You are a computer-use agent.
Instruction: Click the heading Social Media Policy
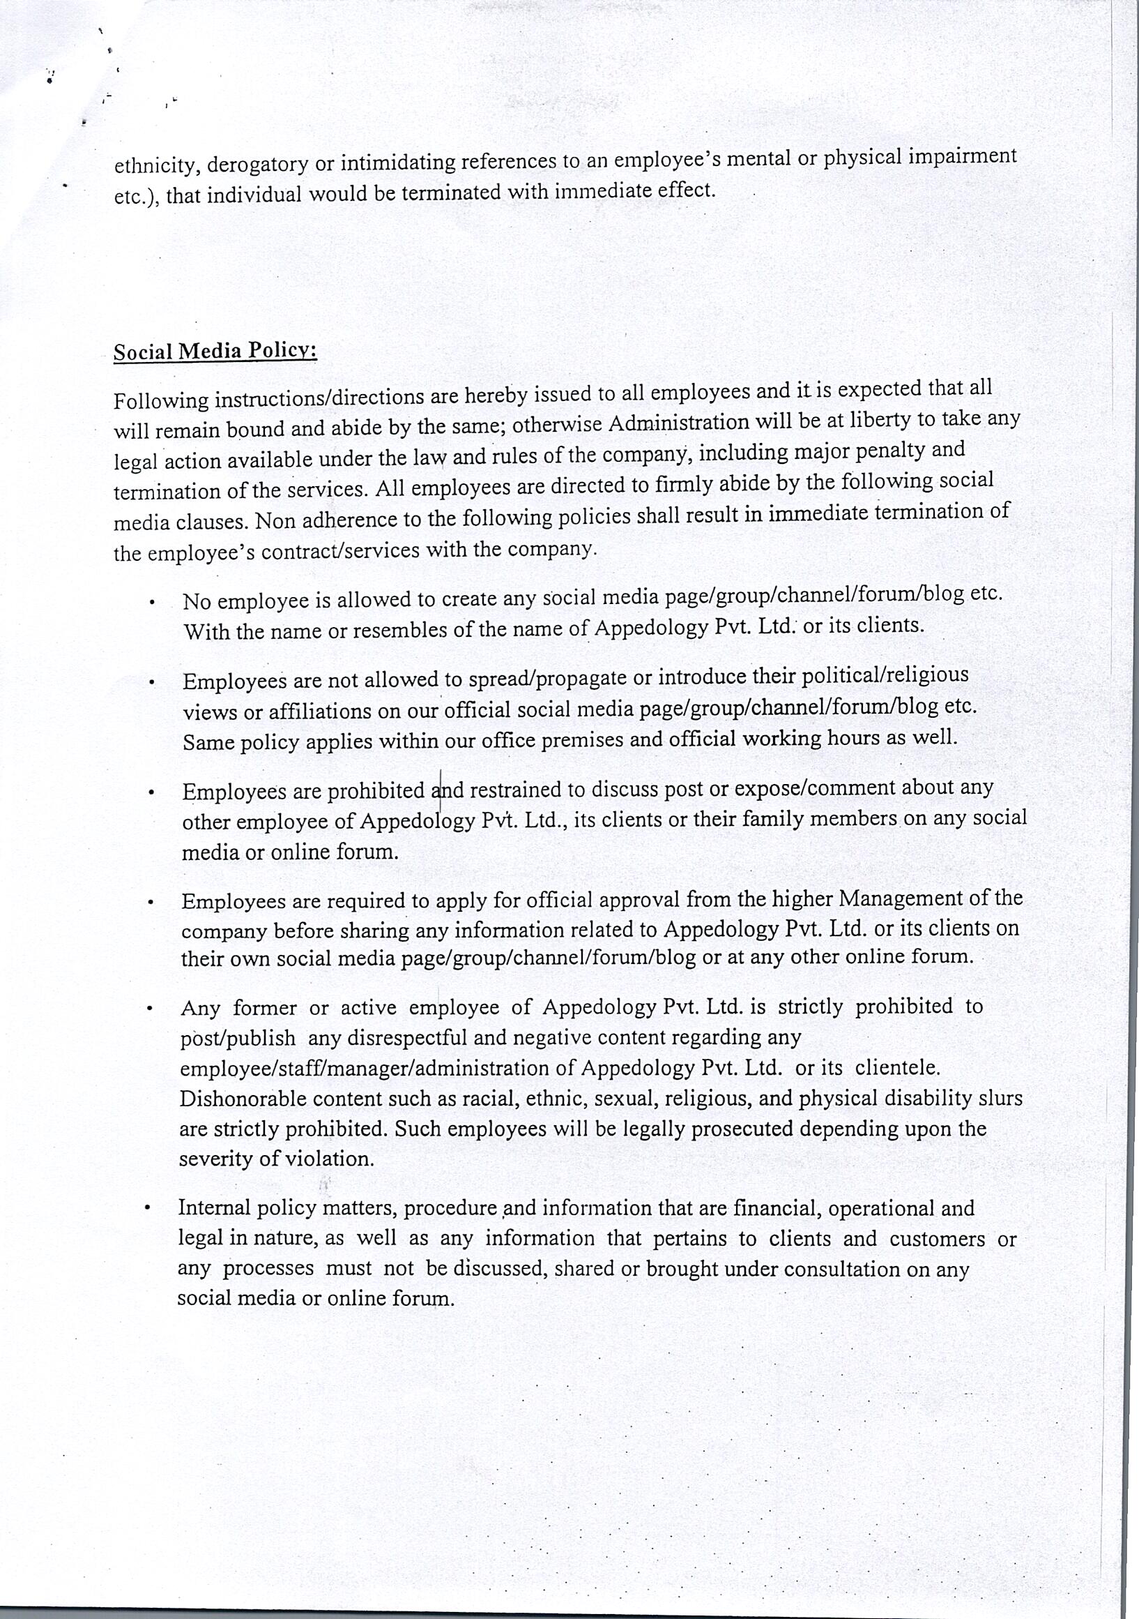coord(215,351)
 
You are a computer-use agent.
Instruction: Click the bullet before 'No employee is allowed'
coord(151,603)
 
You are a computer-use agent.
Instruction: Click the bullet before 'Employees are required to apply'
coord(151,903)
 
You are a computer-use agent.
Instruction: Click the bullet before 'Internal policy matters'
coord(147,1209)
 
